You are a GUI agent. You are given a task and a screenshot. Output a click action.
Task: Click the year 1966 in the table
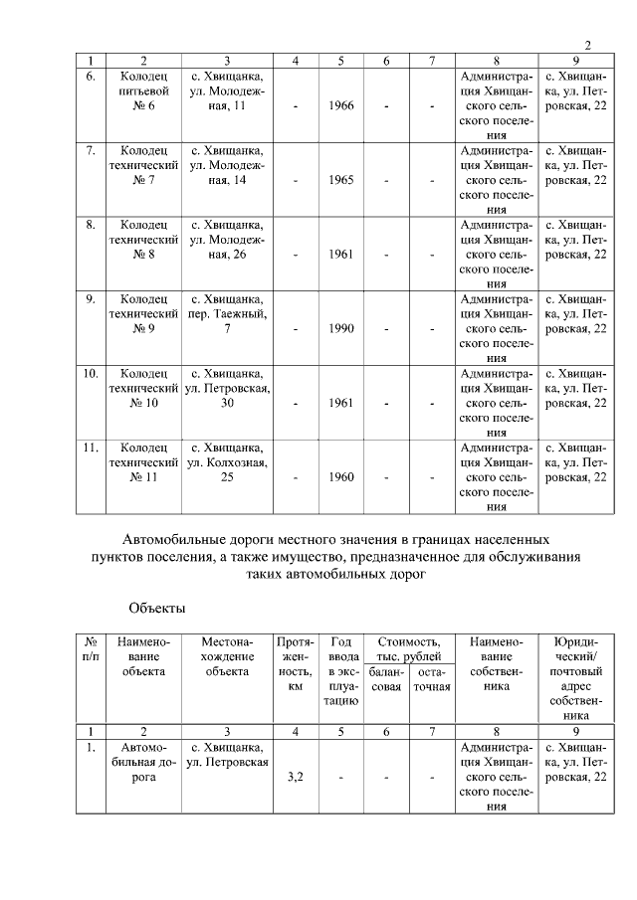340,106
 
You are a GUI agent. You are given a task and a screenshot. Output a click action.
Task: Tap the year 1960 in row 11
340,477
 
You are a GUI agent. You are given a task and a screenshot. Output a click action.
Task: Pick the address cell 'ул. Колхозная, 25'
227,461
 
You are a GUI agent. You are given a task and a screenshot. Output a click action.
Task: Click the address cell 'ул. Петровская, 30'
227,388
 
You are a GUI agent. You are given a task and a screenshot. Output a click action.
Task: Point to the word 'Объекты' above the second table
157,607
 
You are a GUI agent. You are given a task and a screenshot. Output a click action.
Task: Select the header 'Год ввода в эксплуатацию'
340,671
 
